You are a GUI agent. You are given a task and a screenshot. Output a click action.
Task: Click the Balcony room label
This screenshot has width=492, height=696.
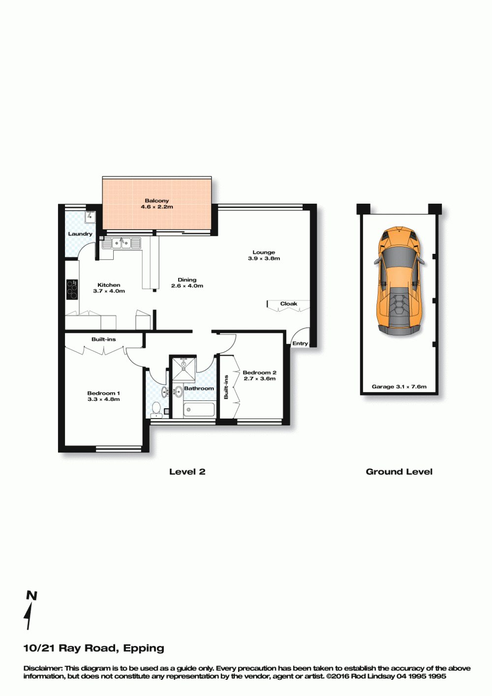[x=156, y=201]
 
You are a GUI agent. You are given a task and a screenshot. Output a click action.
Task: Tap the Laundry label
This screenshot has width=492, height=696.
[x=80, y=234]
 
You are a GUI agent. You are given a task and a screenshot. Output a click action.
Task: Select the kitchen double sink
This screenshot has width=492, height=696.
[x=121, y=243]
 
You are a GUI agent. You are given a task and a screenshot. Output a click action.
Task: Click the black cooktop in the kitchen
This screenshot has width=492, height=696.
[x=72, y=290]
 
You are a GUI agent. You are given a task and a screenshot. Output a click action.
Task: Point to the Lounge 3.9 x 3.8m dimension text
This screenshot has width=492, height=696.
[x=264, y=258]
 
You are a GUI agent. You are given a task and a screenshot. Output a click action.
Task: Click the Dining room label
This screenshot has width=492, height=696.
[x=187, y=280]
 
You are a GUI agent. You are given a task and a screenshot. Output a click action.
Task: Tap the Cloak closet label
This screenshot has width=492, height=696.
[x=289, y=303]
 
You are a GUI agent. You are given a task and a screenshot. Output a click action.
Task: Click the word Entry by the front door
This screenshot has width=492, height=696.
[x=300, y=343]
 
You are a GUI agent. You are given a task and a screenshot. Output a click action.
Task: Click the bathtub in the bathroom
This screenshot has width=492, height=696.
[x=199, y=410]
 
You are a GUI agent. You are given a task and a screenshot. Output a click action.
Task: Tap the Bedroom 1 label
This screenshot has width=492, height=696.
[x=103, y=393]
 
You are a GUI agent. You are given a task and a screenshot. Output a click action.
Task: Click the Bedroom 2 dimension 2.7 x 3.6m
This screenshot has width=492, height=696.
[x=259, y=378]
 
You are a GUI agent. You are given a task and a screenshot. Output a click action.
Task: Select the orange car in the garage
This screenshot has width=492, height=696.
[x=400, y=281]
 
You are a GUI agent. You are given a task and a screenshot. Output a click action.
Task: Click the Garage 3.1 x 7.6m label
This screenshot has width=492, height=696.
[x=399, y=387]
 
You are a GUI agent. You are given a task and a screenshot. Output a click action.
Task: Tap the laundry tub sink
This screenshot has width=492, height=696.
[x=90, y=217]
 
